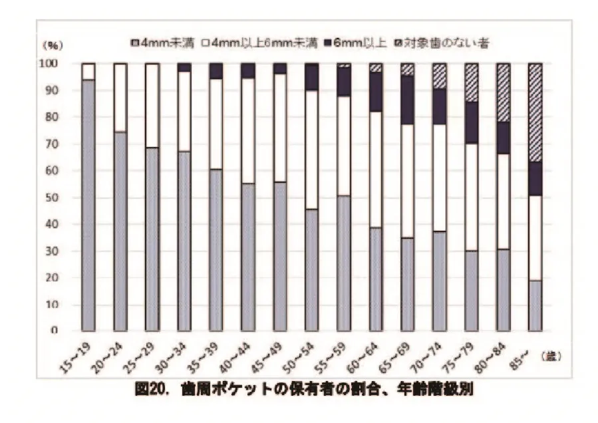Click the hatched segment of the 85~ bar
pyautogui.click(x=535, y=112)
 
